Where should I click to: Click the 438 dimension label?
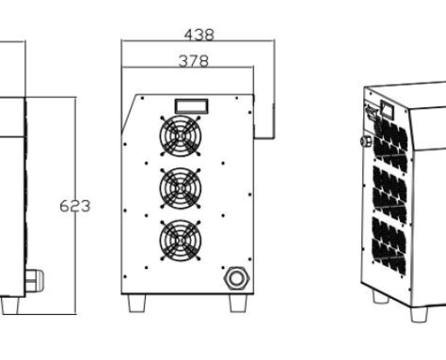click(x=199, y=34)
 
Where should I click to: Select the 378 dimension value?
click(x=194, y=61)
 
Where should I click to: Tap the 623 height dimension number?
click(x=75, y=206)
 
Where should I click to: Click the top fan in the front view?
click(x=180, y=136)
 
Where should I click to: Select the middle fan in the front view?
click(x=180, y=188)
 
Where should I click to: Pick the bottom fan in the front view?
click(x=180, y=240)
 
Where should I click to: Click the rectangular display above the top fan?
click(x=192, y=106)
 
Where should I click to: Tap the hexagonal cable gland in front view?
click(x=237, y=278)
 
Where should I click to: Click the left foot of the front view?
click(x=137, y=303)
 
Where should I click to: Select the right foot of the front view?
click(x=238, y=303)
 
